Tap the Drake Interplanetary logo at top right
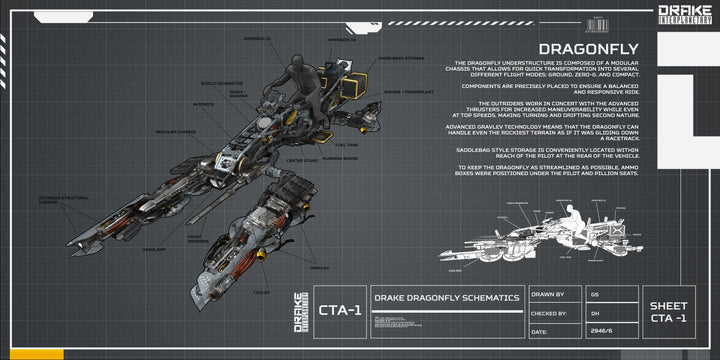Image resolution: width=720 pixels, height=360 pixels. (x=685, y=14)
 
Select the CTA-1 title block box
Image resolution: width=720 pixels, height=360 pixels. (x=338, y=312)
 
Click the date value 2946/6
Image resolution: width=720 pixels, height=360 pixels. (x=600, y=331)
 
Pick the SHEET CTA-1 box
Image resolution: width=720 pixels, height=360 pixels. (x=668, y=312)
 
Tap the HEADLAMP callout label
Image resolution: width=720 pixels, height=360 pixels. (x=153, y=249)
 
